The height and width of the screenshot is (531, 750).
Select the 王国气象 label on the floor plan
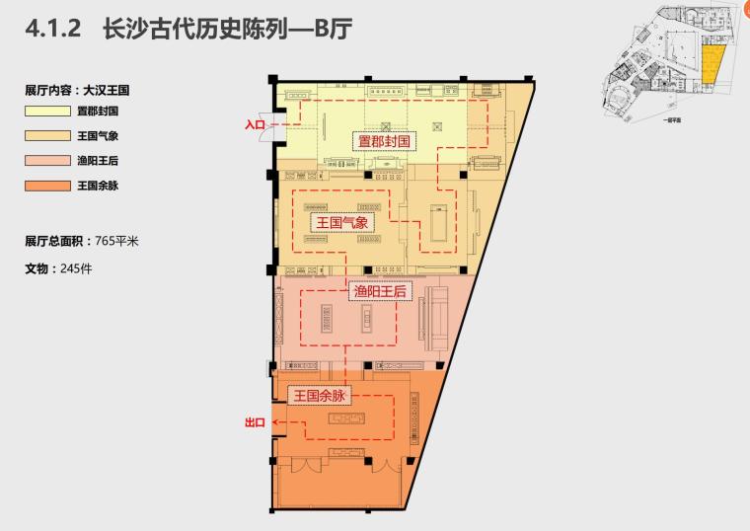[x=341, y=223]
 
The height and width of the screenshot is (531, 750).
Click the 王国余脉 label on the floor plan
[x=321, y=395]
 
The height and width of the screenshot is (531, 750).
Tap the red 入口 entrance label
[x=256, y=125]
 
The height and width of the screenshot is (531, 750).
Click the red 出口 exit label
[x=255, y=422]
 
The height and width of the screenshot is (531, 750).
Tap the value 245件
[x=75, y=267]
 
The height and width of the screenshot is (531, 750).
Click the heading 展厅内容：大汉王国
[x=78, y=90]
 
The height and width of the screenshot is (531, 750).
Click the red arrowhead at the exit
[x=276, y=421]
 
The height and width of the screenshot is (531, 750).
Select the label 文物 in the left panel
[x=37, y=267]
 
